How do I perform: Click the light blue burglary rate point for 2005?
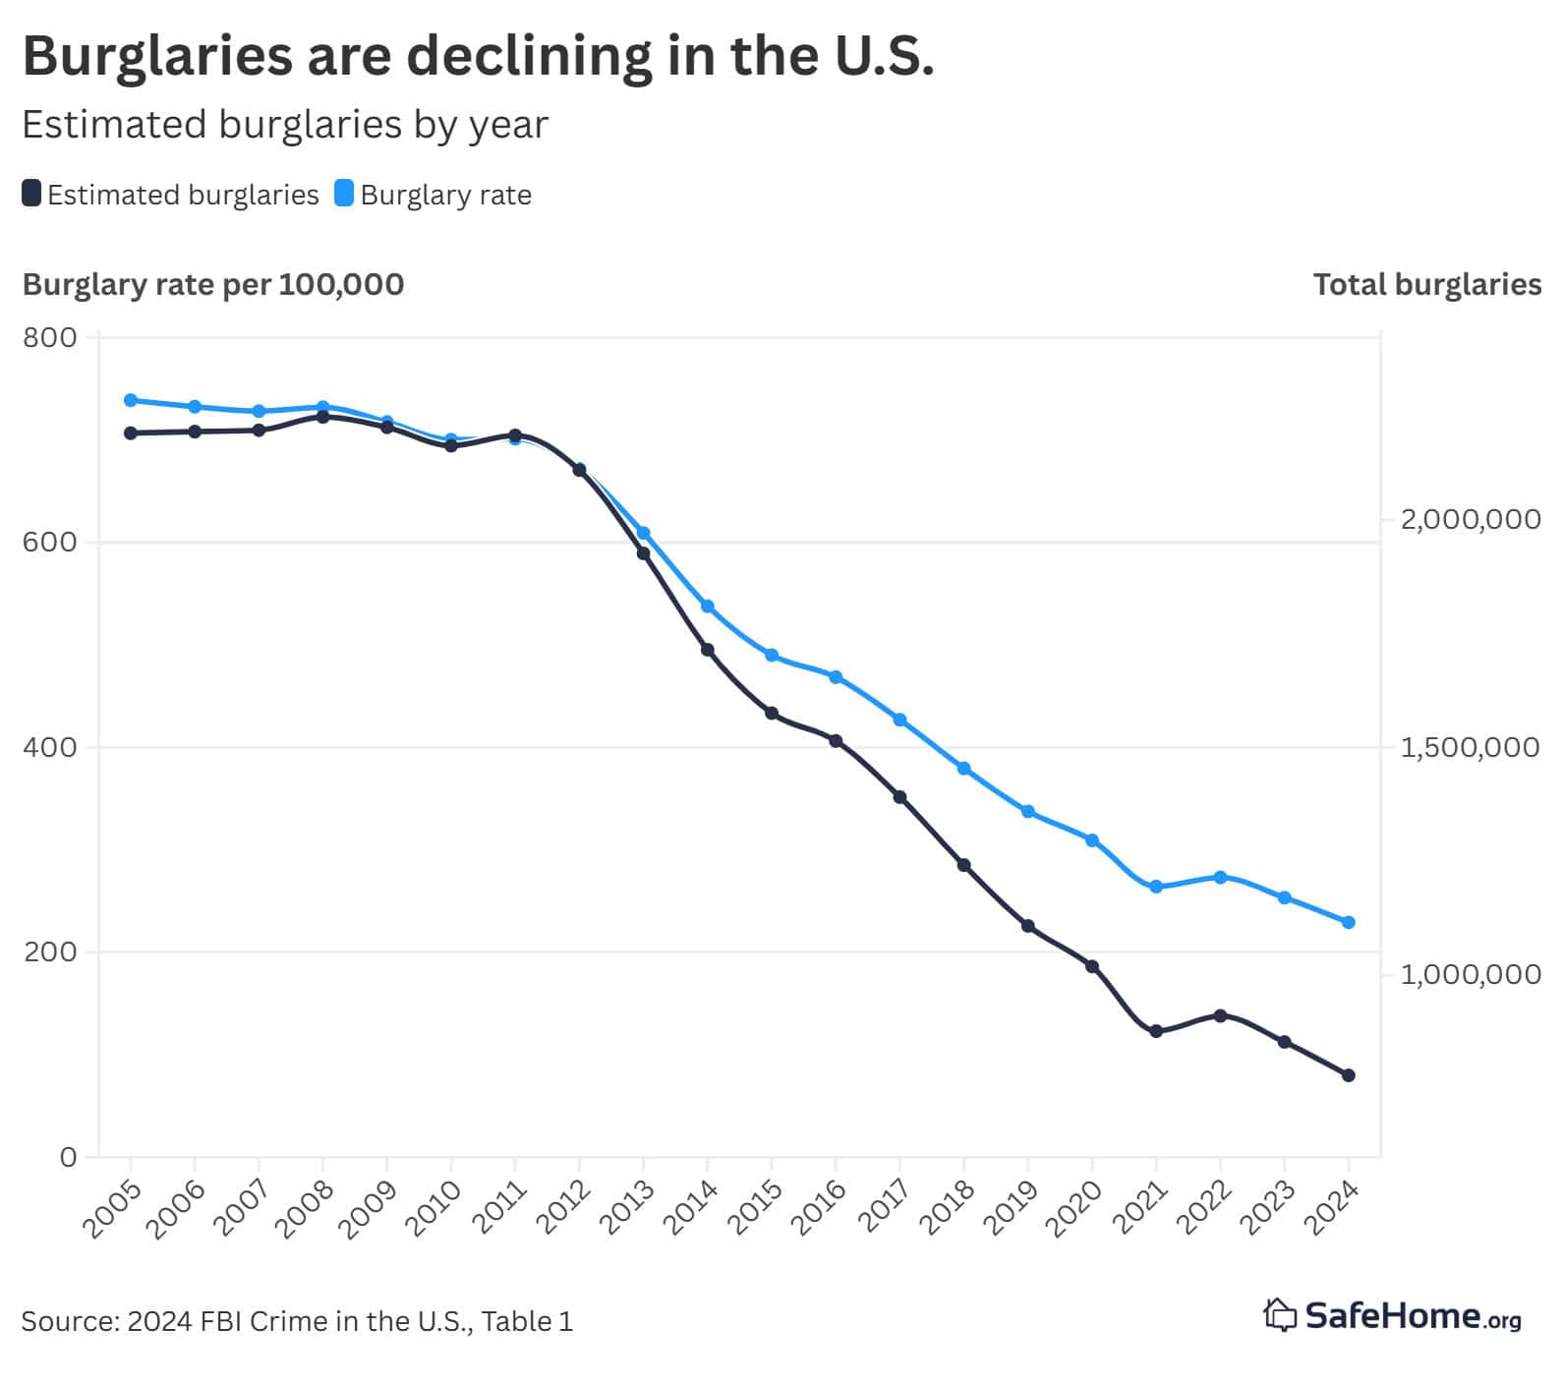131,400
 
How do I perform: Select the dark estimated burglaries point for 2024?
1349,1075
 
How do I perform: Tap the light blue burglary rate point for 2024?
1349,922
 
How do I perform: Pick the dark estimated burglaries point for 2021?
1156,1031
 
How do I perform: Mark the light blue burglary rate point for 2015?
772,655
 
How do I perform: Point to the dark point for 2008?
322,417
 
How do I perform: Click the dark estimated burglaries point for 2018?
964,865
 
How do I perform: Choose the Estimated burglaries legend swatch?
31,194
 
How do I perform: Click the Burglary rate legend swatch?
344,194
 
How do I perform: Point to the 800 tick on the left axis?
49,338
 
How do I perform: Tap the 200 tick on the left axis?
49,953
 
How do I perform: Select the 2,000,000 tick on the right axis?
1470,519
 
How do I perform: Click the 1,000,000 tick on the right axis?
1470,974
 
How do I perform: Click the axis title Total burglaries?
1426,285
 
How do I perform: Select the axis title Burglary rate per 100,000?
213,285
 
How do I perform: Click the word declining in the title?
528,56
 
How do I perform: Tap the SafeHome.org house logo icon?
1280,1315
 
